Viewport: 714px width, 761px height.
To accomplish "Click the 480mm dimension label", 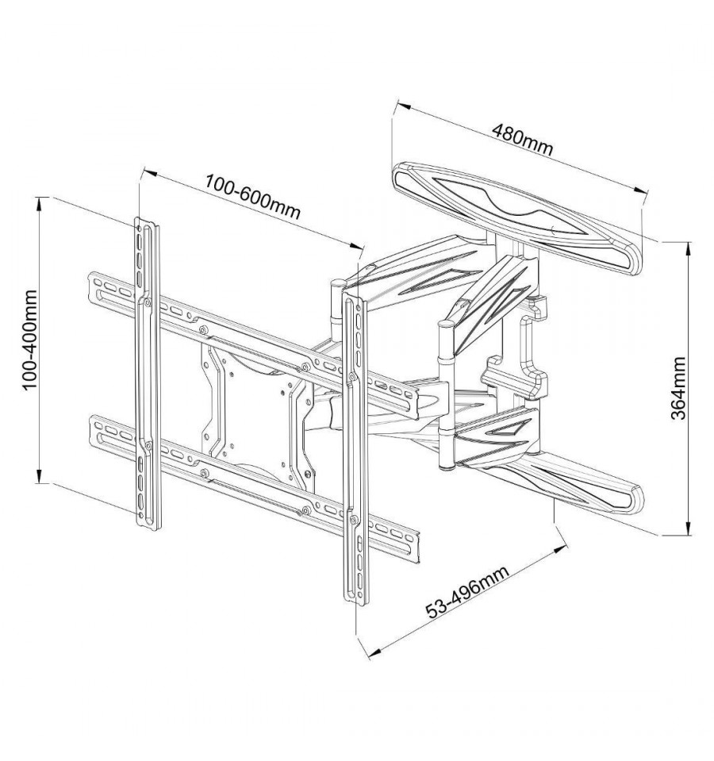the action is (x=522, y=140).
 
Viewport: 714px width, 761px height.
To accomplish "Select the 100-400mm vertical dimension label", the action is (x=30, y=340).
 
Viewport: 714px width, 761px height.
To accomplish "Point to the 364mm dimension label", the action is (x=678, y=388).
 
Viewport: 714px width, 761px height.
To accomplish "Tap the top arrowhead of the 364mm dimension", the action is (x=688, y=248).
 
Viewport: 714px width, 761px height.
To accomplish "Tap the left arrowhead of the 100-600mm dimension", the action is (x=148, y=172).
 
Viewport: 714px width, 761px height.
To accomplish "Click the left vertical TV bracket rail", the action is (x=147, y=374).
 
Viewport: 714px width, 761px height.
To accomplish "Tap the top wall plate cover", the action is (x=516, y=218).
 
